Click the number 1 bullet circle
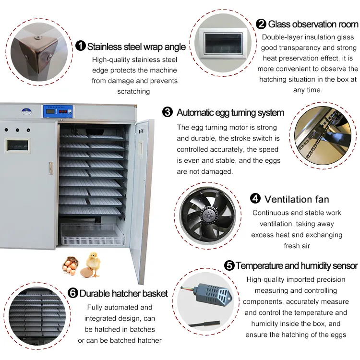81,46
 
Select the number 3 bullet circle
168,112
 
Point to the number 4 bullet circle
255,199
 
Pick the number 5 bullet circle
229,265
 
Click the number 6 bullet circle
72,293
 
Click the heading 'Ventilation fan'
297,199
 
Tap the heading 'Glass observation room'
313,24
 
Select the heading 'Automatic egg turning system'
230,113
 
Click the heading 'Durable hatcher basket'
123,293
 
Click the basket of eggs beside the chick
70,265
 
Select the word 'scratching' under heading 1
134,91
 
